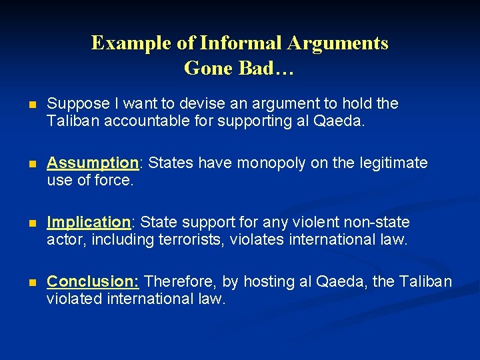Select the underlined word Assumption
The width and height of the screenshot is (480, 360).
coord(92,163)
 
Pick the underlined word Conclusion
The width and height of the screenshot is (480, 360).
coord(93,281)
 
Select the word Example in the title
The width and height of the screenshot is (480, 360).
coord(132,43)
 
